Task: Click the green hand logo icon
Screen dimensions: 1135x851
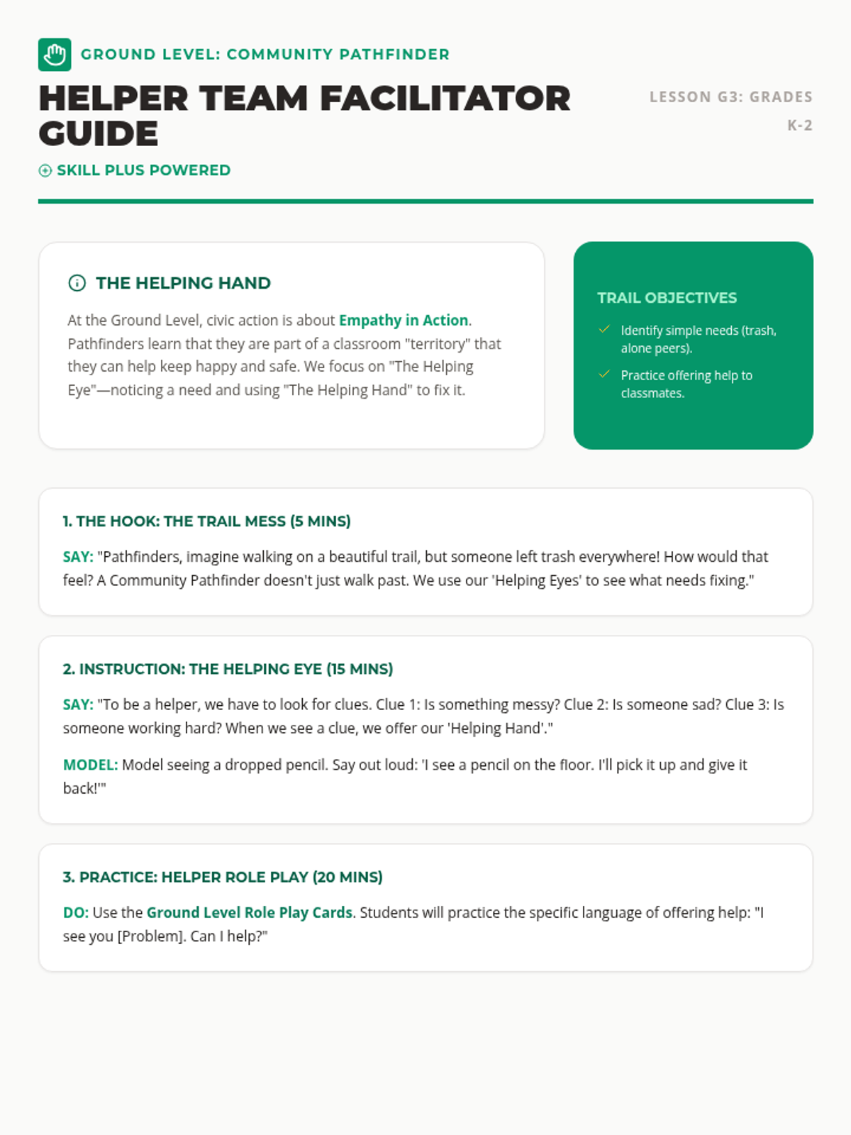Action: (55, 55)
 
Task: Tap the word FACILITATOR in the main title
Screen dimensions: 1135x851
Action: (445, 99)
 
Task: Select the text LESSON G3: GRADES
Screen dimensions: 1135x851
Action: (730, 97)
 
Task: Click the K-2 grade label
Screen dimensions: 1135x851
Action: (799, 126)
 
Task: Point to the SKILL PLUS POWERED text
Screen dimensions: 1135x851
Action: (143, 170)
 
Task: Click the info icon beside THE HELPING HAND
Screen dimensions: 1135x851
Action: (77, 283)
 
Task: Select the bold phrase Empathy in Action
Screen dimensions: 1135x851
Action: (404, 320)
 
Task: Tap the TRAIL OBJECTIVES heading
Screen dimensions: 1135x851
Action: (667, 298)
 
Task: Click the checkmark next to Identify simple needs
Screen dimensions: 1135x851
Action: (604, 329)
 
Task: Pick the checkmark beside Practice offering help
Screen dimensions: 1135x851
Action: (604, 374)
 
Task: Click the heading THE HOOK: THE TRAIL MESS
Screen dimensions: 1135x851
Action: (206, 521)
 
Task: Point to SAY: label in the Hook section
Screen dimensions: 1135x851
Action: (78, 557)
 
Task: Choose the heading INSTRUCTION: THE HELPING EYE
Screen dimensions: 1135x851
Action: (228, 669)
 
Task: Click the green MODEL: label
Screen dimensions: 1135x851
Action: (90, 765)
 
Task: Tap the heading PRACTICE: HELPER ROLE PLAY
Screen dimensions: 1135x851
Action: (223, 877)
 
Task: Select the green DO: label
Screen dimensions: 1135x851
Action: (75, 912)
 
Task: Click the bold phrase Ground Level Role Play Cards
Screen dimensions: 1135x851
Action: (250, 912)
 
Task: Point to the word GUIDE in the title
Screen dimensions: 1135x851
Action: (99, 134)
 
